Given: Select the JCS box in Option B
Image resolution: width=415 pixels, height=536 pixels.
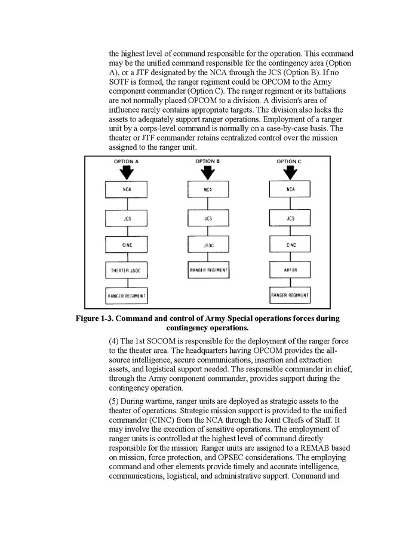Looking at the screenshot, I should tap(208, 218).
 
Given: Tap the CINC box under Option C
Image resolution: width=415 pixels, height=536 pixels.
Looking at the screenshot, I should tap(290, 244).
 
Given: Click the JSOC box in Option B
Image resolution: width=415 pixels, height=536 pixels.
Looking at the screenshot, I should tap(208, 244).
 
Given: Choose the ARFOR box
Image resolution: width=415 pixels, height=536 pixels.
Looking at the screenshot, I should tap(290, 269).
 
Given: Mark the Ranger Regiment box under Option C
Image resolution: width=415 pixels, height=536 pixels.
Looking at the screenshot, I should tap(290, 295).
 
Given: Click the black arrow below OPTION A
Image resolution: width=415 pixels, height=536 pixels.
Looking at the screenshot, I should tap(126, 172).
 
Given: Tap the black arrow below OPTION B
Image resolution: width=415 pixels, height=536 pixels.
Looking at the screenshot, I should tap(208, 172).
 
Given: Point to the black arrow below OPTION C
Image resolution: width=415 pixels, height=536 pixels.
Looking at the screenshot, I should tap(290, 172).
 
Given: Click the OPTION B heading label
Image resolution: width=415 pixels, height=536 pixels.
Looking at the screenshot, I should tap(208, 161).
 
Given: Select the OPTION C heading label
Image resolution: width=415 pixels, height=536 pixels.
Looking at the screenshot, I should tap(290, 161).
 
